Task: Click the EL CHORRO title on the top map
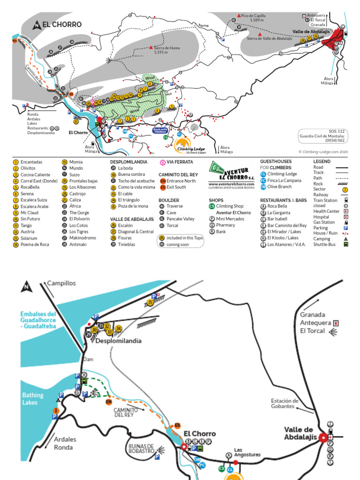(61, 25)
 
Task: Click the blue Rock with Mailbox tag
(161, 131)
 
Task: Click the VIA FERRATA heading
(177, 162)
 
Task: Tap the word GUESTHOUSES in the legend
(276, 162)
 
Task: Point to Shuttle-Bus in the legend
(325, 244)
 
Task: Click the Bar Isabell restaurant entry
(277, 218)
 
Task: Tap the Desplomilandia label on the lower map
(118, 341)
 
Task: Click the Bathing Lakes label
(33, 398)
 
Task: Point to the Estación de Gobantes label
(285, 403)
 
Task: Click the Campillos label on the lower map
(61, 283)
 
